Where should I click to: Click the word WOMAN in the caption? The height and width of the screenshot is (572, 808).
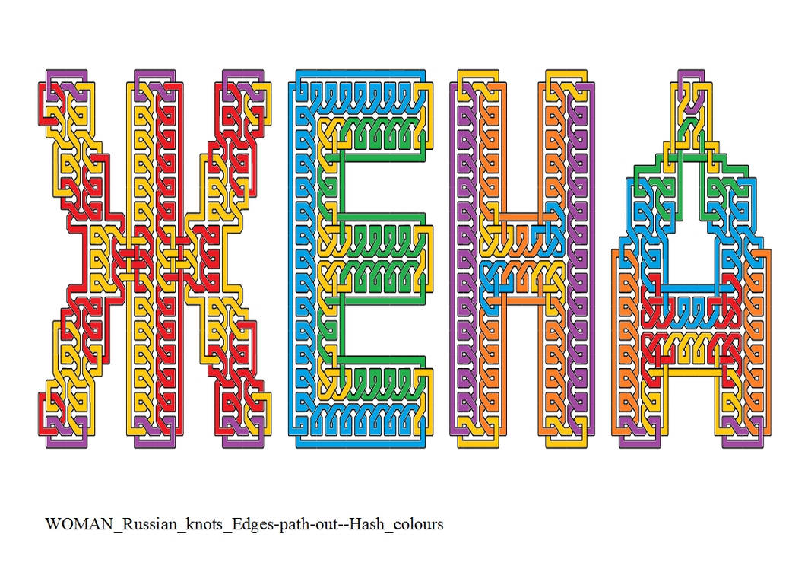tap(79, 524)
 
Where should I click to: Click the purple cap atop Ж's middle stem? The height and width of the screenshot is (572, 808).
tap(154, 78)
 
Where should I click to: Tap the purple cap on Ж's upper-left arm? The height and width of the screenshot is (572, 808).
tap(66, 78)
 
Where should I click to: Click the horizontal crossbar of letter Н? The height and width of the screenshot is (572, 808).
tap(521, 259)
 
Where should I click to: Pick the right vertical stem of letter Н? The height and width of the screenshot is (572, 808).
tap(566, 259)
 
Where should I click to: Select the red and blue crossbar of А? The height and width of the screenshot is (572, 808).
tap(691, 310)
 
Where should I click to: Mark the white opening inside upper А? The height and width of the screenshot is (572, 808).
tap(691, 206)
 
